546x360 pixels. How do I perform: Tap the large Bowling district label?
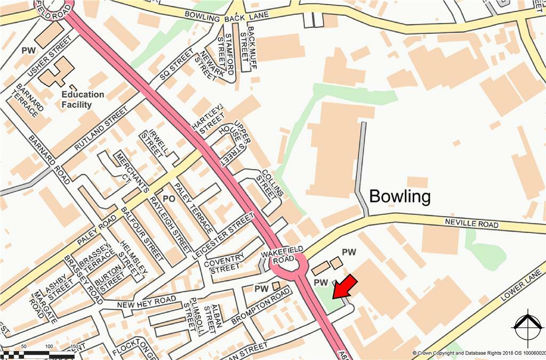[x=399, y=196]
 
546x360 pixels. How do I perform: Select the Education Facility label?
[x=83, y=100]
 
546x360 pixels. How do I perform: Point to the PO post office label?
[x=169, y=199]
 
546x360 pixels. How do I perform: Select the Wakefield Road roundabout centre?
[x=288, y=262]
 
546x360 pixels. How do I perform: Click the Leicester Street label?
[x=224, y=235]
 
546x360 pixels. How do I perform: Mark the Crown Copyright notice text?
[x=478, y=353]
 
